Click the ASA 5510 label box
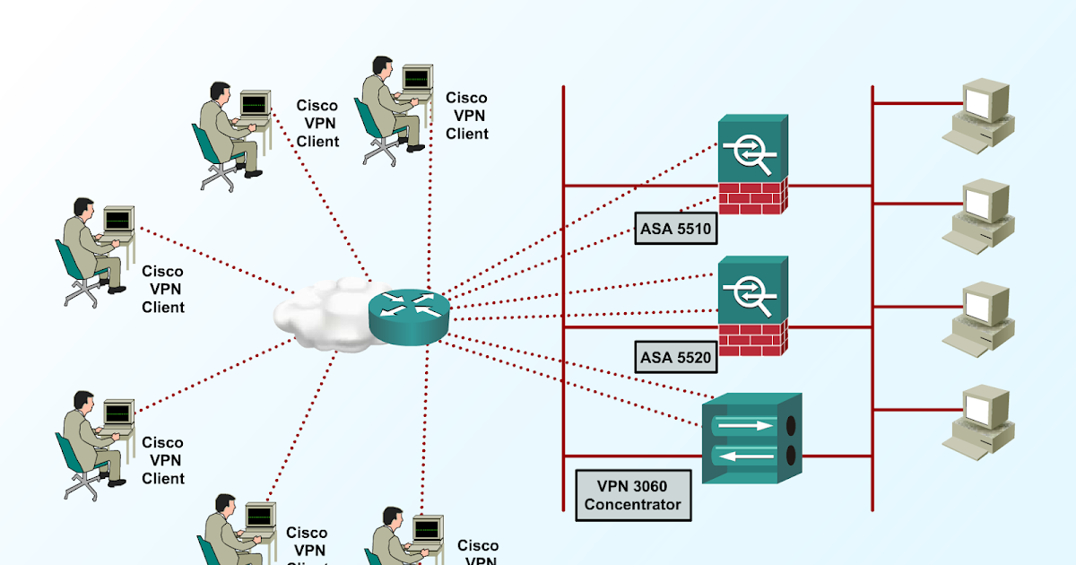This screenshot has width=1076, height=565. coord(675,229)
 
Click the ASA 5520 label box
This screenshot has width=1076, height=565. coord(675,359)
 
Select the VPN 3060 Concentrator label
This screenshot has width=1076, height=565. coord(633,495)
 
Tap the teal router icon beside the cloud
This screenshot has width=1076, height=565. coord(408,309)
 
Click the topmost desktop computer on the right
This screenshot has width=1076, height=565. coord(980,111)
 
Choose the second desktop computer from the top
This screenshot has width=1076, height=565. coord(980,213)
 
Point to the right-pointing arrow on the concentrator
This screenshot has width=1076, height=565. coord(744,425)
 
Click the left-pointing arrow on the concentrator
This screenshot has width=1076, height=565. coord(744,456)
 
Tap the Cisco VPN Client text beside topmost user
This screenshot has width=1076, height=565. coord(467,116)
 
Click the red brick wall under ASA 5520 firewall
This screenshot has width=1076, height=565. coord(752,337)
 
